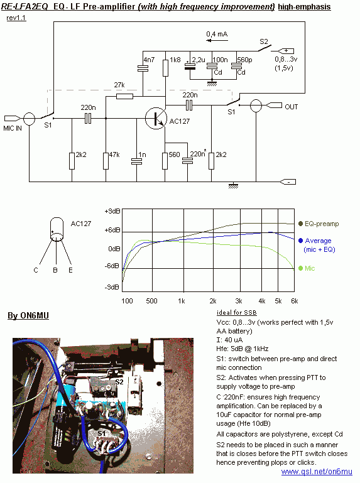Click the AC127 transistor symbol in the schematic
(156, 118)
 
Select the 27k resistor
(125, 97)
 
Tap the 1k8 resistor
(165, 68)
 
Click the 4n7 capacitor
(143, 68)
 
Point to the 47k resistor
(106, 161)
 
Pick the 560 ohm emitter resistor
(165, 161)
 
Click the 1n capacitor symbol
(136, 161)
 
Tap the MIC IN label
(13, 129)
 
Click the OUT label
(292, 107)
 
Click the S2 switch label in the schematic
(263, 41)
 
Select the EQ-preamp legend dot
(300, 224)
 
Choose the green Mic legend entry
(307, 268)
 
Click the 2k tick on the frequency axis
(213, 301)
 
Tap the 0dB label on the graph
(114, 249)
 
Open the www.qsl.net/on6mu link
(317, 472)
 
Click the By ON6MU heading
(28, 316)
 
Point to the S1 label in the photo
(102, 434)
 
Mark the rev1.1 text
(16, 18)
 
